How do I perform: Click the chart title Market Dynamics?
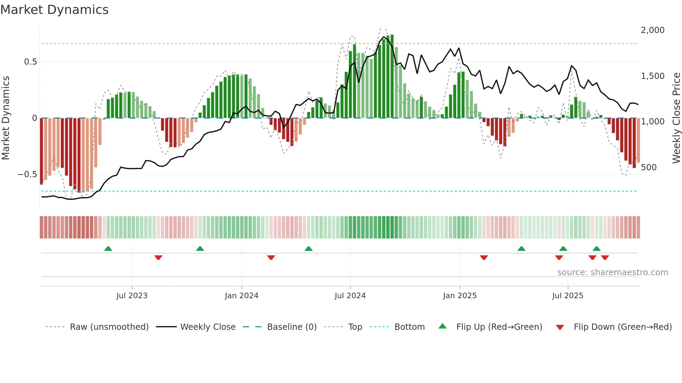coord(54,10)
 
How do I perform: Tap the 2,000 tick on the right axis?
coord(652,30)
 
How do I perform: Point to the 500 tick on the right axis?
coord(649,168)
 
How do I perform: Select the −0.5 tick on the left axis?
coord(27,174)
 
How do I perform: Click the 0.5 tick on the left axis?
coord(30,62)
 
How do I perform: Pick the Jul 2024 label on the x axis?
coord(350,296)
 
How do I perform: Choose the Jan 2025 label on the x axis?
coord(460,296)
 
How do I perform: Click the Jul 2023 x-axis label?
coord(132,296)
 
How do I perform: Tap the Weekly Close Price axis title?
coord(676,118)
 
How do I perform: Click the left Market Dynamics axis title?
coord(6,118)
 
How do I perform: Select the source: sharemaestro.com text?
coord(612,272)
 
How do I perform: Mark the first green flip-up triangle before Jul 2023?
coord(108,248)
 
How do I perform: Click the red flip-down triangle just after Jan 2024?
coord(271,258)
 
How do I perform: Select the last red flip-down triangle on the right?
coord(605,258)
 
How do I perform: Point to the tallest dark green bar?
coord(392,76)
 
